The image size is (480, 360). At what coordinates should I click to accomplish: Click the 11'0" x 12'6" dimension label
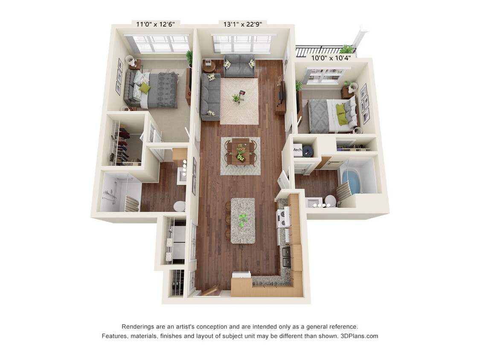coord(155,24)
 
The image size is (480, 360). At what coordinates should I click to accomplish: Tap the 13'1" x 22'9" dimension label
coord(243,24)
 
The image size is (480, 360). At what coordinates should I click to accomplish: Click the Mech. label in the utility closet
coord(297,150)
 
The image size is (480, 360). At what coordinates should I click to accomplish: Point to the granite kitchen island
coord(243,221)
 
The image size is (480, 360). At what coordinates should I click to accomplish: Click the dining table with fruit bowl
coord(241,153)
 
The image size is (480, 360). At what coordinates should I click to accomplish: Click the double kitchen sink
coord(286,257)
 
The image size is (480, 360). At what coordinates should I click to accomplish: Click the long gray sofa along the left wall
coord(210,97)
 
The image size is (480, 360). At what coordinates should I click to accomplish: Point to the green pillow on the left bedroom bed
coord(145,88)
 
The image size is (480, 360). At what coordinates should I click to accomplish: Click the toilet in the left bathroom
coord(180,206)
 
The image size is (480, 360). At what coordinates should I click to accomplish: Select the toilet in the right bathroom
coord(330,200)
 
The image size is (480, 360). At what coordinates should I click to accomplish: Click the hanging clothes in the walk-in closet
coord(123,147)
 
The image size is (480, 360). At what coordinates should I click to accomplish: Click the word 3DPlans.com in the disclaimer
coord(359,336)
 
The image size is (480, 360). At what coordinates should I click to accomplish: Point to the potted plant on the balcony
coord(346,49)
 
